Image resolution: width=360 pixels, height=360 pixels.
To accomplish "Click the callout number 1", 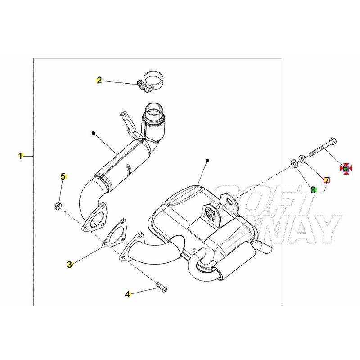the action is click(x=20, y=156).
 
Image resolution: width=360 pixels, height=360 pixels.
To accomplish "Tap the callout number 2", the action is click(x=99, y=81).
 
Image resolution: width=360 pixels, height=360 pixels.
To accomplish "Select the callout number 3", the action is click(x=70, y=265).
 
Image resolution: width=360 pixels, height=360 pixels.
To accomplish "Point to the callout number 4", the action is click(x=128, y=294).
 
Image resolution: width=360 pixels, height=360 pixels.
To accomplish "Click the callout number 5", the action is click(x=63, y=176).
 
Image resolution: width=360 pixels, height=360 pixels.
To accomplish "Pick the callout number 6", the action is click(x=345, y=168).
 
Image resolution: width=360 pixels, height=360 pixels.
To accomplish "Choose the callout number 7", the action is click(x=327, y=180).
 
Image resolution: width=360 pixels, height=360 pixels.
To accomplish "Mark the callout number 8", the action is click(x=313, y=190).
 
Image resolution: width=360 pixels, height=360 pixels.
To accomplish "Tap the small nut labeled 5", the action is click(x=58, y=206).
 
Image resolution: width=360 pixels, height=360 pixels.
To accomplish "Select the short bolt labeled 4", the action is click(x=162, y=287).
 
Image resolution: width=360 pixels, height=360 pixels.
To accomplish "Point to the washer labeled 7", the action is click(x=302, y=159).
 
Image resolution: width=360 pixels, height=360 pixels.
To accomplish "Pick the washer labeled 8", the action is click(x=294, y=163).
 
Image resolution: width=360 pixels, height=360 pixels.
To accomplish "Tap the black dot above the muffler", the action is click(x=207, y=160).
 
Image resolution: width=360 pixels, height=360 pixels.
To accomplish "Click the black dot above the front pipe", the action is click(x=93, y=133).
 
